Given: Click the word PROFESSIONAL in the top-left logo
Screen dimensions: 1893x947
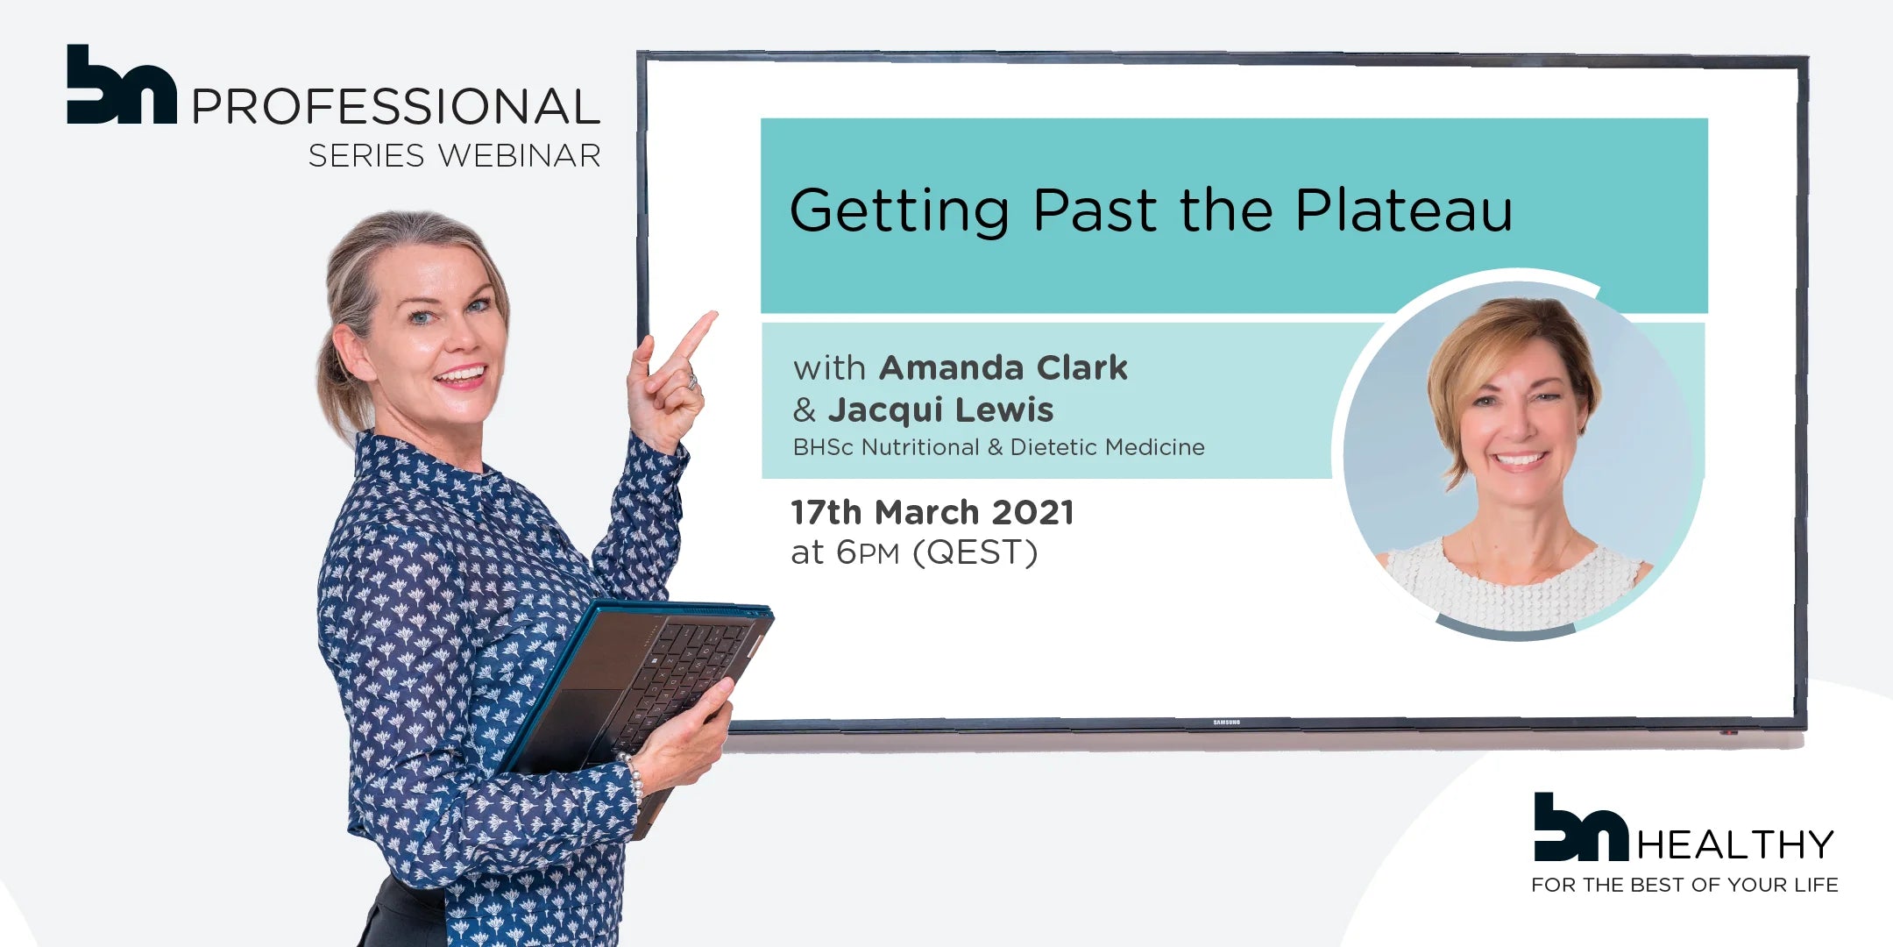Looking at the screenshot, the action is click(x=395, y=106).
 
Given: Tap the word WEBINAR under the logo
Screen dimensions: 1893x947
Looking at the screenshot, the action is click(x=520, y=155).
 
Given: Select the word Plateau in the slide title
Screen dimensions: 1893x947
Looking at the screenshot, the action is click(x=1404, y=210).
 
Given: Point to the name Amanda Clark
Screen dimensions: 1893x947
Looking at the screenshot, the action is click(x=1003, y=367).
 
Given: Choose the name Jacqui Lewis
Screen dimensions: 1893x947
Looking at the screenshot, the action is click(x=941, y=409).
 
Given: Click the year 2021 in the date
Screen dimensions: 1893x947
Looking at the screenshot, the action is click(x=1032, y=512).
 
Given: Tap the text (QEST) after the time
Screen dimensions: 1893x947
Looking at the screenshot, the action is click(x=975, y=552).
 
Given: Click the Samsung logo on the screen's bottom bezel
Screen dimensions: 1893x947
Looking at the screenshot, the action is click(x=1226, y=723).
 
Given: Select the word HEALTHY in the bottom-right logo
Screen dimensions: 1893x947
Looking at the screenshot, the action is click(x=1735, y=845).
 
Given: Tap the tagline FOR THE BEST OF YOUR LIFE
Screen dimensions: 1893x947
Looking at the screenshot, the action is click(x=1684, y=886).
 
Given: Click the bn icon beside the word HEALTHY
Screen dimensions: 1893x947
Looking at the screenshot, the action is click(x=1581, y=827).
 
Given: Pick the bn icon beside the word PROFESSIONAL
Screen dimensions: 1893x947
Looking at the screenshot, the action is click(x=122, y=84).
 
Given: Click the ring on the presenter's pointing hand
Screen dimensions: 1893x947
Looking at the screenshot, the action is click(x=692, y=381).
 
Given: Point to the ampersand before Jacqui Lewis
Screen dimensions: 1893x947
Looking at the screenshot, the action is click(x=805, y=409).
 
